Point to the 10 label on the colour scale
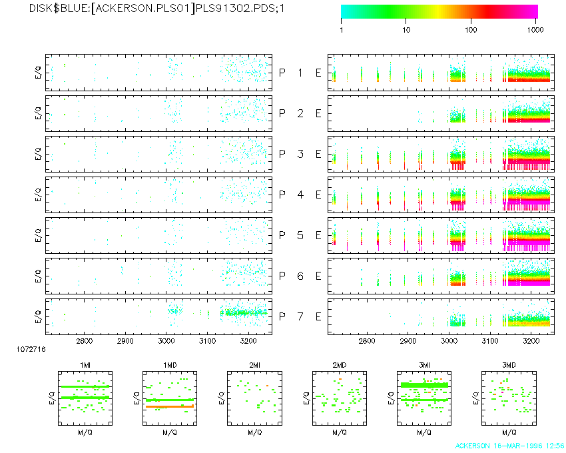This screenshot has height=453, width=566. [x=406, y=31]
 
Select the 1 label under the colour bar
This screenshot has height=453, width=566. [x=342, y=31]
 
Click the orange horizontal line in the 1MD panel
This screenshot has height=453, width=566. [x=170, y=406]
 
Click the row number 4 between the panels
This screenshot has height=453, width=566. [x=300, y=195]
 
